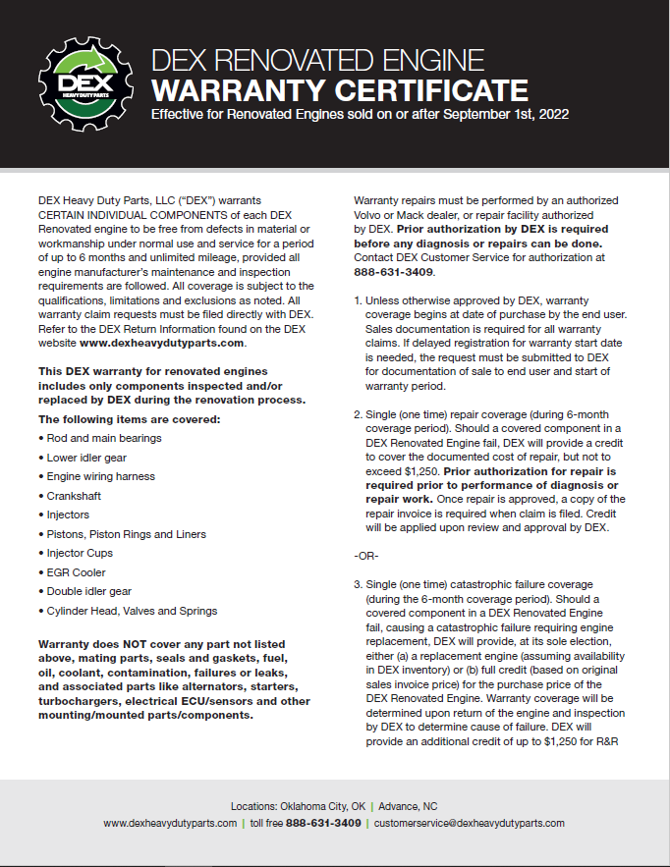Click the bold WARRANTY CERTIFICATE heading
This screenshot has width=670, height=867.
pyautogui.click(x=338, y=91)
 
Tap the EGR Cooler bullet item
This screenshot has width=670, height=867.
pyautogui.click(x=76, y=572)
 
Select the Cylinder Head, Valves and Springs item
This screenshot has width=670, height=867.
pyautogui.click(x=132, y=611)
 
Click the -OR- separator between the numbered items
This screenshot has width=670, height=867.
pyautogui.click(x=365, y=555)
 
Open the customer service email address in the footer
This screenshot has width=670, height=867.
pyautogui.click(x=470, y=823)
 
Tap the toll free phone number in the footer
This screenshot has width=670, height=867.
pyautogui.click(x=323, y=823)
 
